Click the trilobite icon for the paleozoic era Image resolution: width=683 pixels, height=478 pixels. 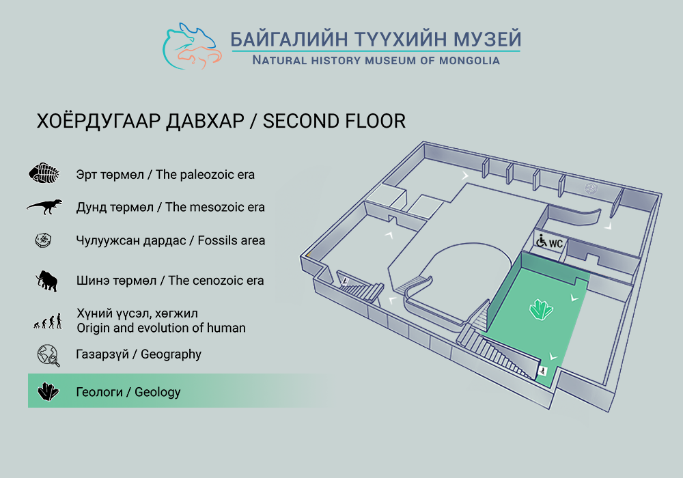(x=44, y=173)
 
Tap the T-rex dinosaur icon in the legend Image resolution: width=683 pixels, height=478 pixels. (x=44, y=206)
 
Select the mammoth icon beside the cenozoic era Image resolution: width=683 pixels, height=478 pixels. (x=47, y=281)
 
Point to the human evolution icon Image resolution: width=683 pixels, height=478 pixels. (x=48, y=321)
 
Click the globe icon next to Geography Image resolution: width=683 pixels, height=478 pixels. (x=48, y=355)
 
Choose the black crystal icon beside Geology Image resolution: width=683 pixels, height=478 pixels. (x=48, y=391)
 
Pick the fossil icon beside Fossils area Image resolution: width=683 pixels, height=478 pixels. (x=44, y=240)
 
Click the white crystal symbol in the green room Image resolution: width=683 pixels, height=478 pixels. (x=541, y=309)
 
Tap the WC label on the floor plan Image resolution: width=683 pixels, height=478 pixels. (x=555, y=243)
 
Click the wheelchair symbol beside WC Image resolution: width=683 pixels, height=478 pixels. (x=541, y=240)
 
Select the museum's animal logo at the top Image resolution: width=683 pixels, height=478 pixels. (x=192, y=46)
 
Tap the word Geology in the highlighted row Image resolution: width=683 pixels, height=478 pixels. (x=157, y=392)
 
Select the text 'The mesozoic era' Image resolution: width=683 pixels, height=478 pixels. (x=214, y=207)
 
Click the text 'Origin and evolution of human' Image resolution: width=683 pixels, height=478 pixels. (x=161, y=328)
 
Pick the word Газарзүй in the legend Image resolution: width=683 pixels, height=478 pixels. (x=102, y=354)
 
